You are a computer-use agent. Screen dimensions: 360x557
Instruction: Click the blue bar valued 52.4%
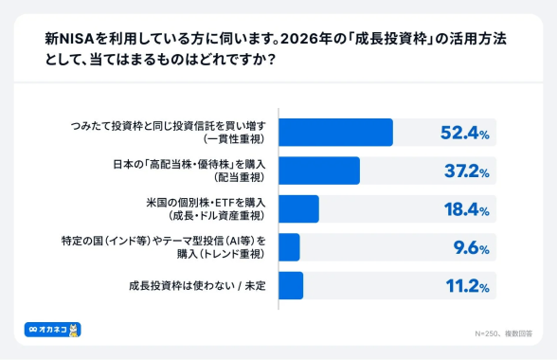coord(335,132)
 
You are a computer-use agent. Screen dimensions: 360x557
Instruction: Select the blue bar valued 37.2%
coord(319,171)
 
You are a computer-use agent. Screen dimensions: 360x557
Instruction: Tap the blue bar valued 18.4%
coord(298,208)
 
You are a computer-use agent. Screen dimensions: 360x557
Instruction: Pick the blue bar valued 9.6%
coord(289,247)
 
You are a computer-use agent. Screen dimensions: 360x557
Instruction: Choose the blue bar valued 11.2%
coord(291,285)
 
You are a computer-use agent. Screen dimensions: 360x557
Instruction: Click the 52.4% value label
coord(464,133)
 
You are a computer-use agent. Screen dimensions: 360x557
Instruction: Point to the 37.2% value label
coord(464,171)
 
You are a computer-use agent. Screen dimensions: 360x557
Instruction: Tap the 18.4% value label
coord(464,209)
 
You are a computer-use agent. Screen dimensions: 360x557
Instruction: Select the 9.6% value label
coord(470,248)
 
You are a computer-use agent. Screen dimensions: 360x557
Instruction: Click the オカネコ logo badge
coord(52,329)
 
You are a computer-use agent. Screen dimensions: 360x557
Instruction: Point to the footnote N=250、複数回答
coord(503,334)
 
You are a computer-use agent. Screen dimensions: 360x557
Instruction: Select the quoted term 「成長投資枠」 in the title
coord(383,41)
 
